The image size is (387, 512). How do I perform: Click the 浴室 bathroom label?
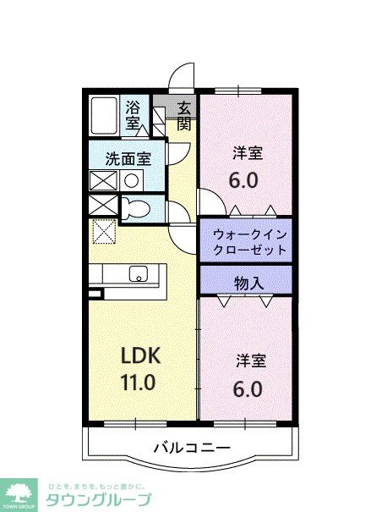tap(134, 114)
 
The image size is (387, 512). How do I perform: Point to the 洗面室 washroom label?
tap(128, 157)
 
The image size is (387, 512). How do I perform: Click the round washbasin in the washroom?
tap(132, 179)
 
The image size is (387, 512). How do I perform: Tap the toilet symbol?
tap(135, 208)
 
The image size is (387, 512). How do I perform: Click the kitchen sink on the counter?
tap(138, 274)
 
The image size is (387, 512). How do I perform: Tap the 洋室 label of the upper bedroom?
tap(248, 153)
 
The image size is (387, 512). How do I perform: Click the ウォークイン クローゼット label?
tap(246, 239)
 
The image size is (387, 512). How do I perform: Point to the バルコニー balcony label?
tap(192, 448)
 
